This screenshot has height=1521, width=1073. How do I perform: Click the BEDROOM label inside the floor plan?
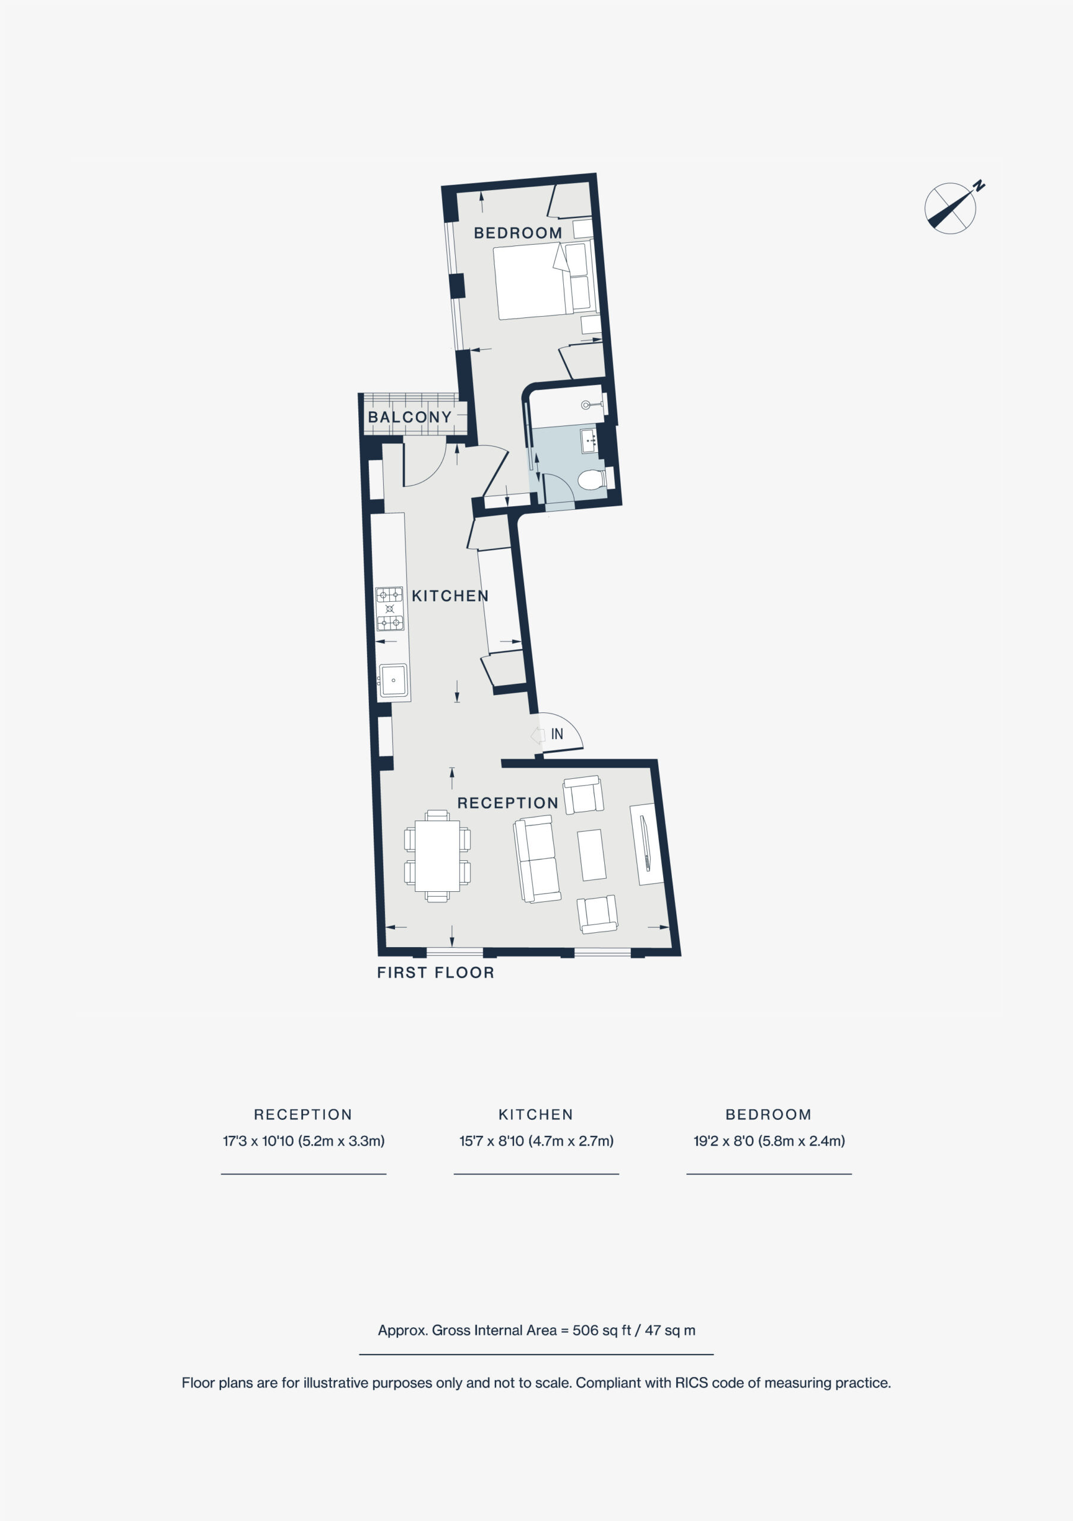tap(518, 233)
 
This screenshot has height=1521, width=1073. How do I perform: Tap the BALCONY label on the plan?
tap(410, 417)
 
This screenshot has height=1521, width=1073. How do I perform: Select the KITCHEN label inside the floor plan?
tap(450, 596)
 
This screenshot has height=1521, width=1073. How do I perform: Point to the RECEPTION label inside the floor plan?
tap(508, 803)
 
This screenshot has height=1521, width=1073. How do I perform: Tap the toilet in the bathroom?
tap(592, 479)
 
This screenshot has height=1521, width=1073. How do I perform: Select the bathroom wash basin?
tap(589, 440)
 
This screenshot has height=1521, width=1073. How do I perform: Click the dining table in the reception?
tap(437, 856)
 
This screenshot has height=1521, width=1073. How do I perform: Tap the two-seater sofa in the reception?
tap(536, 859)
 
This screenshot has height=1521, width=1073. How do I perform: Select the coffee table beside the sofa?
tap(592, 854)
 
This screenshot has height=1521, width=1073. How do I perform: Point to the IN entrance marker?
tap(557, 734)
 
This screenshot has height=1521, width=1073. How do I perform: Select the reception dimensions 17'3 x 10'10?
tap(304, 1141)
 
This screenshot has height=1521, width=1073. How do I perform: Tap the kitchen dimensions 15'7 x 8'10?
tap(536, 1141)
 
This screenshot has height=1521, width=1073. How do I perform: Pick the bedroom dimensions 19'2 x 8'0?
tap(769, 1141)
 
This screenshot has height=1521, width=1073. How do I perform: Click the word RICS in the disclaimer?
tap(692, 1383)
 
